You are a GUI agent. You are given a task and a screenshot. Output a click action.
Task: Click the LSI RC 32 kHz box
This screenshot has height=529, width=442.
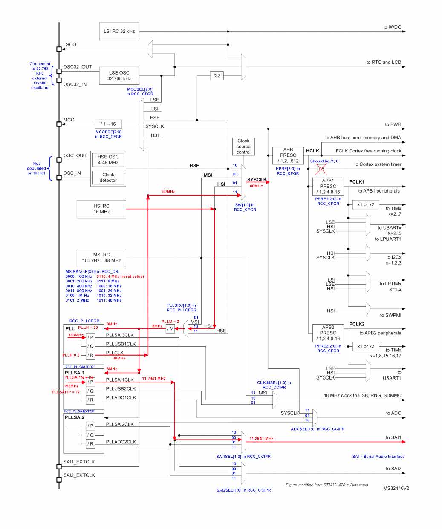[119, 31]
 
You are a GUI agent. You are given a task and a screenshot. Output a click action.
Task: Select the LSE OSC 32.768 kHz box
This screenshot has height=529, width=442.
[119, 75]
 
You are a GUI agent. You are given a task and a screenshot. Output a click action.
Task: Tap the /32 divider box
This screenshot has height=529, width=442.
[217, 75]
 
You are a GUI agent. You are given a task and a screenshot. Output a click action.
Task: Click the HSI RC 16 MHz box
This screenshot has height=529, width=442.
[101, 209]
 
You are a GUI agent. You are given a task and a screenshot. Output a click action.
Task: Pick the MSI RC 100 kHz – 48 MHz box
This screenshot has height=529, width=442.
[101, 257]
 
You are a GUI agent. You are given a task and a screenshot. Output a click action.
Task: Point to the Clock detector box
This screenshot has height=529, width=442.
[108, 177]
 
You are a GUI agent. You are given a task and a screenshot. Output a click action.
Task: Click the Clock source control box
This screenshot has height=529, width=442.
[243, 147]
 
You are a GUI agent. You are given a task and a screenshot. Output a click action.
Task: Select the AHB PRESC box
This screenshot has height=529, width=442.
[288, 155]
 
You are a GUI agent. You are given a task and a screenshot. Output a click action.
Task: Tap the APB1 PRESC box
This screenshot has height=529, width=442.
[328, 186]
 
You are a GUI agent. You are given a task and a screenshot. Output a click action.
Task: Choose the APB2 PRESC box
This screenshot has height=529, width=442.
[328, 333]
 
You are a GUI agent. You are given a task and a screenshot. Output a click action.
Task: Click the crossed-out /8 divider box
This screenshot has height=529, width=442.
[321, 169]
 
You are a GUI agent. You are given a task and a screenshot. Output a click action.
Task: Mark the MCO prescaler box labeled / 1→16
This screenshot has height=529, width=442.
[108, 124]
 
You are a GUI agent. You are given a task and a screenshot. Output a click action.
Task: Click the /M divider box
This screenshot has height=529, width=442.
[170, 328]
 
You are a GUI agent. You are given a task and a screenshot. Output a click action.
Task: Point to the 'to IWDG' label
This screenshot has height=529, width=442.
[392, 27]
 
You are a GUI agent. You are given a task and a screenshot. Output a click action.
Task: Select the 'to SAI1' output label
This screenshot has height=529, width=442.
[393, 437]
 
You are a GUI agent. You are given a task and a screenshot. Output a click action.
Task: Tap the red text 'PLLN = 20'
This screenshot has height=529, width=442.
[88, 328]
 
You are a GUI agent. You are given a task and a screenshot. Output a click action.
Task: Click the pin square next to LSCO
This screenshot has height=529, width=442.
[59, 49]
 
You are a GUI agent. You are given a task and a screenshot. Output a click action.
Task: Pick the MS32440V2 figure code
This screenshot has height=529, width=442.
[396, 488]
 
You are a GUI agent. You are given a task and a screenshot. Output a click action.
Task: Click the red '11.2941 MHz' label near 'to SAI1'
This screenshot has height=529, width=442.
[261, 438]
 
